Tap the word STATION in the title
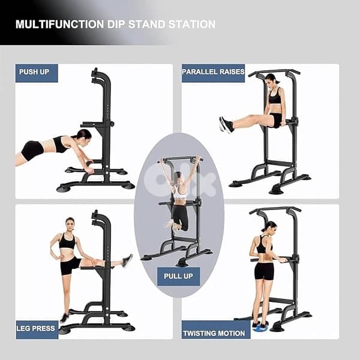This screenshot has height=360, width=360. click(x=191, y=25)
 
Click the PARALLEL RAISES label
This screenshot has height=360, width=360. click(x=213, y=72)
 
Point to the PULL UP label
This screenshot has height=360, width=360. click(x=178, y=276)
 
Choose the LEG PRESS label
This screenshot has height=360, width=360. click(x=37, y=329)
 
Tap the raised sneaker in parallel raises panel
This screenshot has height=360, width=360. click(x=226, y=124)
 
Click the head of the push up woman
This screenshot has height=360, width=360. click(x=83, y=135)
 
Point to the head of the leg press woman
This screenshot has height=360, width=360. click(x=70, y=223)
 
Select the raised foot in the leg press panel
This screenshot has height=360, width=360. click(x=127, y=260)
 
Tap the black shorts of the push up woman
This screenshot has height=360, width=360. click(x=33, y=149)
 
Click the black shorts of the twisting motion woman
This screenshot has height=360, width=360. click(x=264, y=271)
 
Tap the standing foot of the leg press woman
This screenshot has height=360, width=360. click(x=64, y=317)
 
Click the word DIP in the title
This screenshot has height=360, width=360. click(x=131, y=25)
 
